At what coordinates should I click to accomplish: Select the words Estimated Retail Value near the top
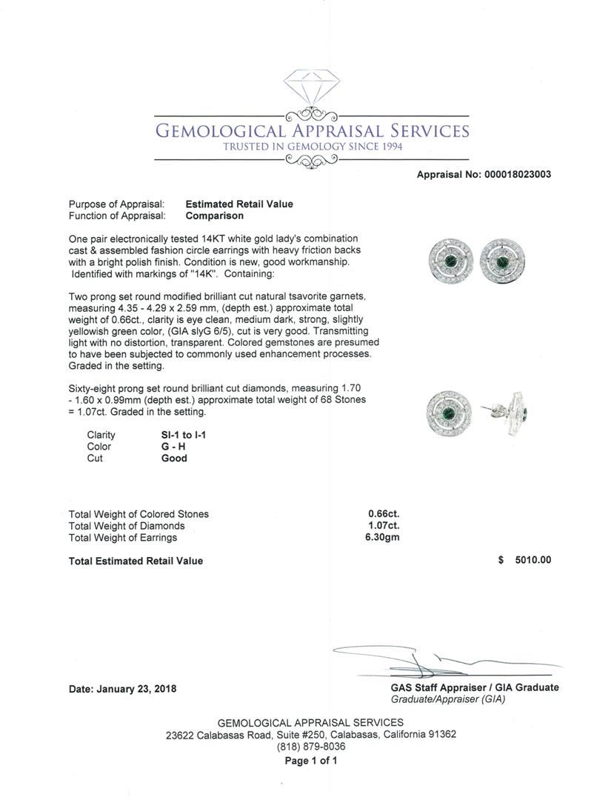[x=239, y=204]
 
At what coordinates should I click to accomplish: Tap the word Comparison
[x=214, y=216]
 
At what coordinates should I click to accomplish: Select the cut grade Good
[x=174, y=459]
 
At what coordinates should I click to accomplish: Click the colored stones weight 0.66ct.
[x=384, y=514]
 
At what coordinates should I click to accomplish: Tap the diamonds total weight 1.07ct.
[x=384, y=526]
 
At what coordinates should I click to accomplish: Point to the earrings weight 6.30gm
[x=382, y=538]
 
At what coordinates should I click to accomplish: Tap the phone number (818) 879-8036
[x=310, y=747]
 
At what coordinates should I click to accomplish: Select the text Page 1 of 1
[x=310, y=761]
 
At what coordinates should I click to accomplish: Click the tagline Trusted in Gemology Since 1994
[x=312, y=147]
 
